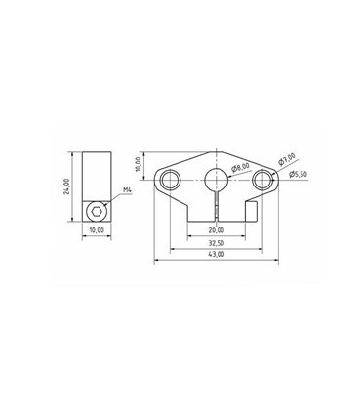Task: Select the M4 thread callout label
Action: point(128,190)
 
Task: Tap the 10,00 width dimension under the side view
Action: point(96,230)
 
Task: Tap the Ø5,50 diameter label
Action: point(300,173)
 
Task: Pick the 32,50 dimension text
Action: point(217,243)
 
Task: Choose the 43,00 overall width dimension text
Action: point(217,255)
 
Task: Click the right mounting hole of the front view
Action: point(261,180)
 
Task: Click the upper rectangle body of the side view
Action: point(96,176)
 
